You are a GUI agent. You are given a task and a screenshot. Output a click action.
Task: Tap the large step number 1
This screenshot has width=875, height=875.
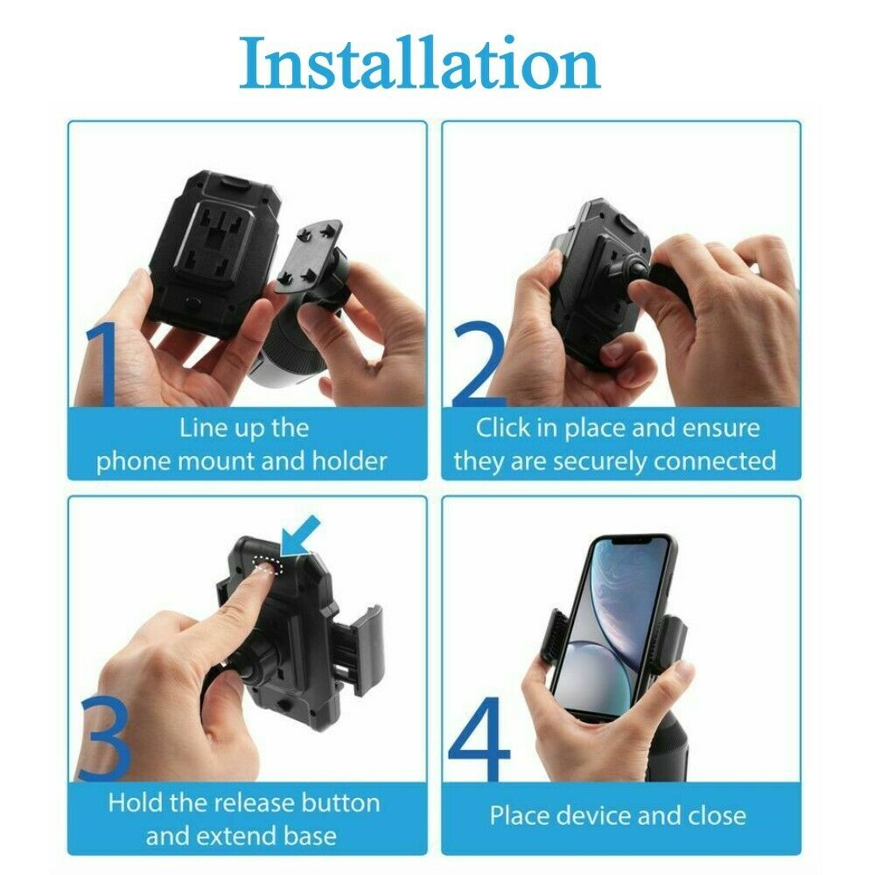(101, 364)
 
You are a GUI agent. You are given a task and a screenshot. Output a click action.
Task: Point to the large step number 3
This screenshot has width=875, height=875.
(106, 738)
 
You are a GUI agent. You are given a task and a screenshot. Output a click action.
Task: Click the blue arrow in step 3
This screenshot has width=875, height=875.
(299, 536)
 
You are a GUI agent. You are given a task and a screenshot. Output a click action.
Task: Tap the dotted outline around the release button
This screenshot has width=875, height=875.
(268, 564)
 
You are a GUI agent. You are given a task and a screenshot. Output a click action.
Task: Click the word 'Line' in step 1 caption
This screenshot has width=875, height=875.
(196, 428)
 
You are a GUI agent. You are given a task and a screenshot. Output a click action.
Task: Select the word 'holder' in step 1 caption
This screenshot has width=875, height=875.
(349, 461)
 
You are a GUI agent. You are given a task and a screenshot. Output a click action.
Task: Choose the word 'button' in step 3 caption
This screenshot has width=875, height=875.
(340, 803)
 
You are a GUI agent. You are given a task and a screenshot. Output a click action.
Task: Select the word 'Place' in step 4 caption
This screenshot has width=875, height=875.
(520, 816)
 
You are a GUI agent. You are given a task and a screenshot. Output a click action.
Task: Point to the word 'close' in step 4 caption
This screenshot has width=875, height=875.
(717, 816)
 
